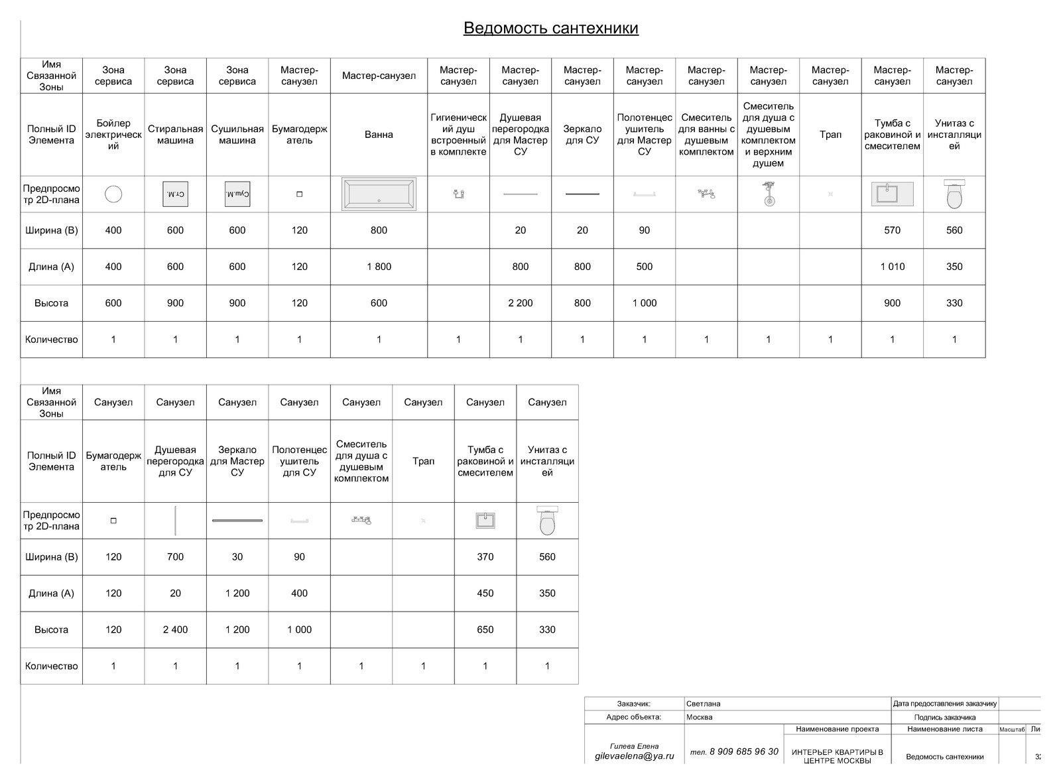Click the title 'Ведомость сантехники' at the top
[550, 28]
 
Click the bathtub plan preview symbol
[379, 194]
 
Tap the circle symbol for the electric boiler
[113, 194]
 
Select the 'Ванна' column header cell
[379, 135]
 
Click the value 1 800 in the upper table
[379, 267]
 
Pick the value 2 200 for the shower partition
[520, 303]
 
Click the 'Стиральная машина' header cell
[175, 135]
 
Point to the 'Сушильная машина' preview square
[237, 194]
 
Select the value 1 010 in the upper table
[892, 267]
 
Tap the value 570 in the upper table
[892, 230]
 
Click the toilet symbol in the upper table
[954, 195]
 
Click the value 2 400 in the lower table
[175, 629]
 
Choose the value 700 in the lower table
[175, 557]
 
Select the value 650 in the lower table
[485, 629]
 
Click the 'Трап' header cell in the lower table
[423, 461]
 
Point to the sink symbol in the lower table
[485, 521]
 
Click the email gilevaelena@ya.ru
[634, 755]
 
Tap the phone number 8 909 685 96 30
[743, 751]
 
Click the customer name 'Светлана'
[704, 704]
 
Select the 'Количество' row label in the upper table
[51, 340]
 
